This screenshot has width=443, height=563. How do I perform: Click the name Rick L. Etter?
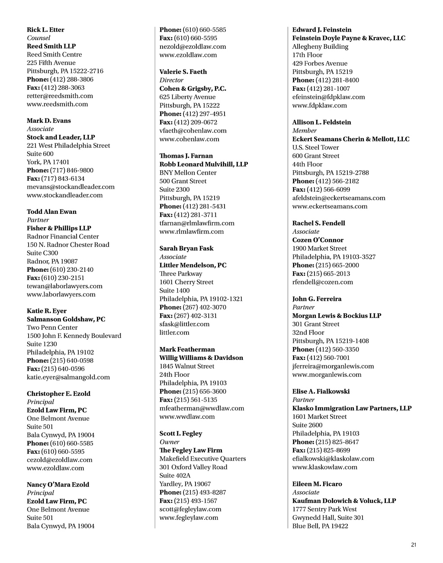point(45,30)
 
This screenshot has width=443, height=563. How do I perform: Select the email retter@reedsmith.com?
point(60,96)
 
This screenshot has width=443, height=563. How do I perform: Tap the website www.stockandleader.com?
point(65,195)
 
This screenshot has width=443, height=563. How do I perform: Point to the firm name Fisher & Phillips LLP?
point(59,228)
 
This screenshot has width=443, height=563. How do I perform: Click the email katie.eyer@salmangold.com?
point(68,377)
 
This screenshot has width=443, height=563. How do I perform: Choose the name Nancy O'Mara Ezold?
point(58,485)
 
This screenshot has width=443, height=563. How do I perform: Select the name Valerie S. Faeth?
point(183,72)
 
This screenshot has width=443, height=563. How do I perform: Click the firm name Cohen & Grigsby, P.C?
point(193,89)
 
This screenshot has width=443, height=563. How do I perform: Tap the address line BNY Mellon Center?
point(188,173)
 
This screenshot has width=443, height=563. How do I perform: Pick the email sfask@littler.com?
point(184,324)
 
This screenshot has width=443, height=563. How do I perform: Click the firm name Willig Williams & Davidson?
point(201,358)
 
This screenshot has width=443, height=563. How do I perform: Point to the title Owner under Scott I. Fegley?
point(169,442)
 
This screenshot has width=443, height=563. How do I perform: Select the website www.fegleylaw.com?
point(189,518)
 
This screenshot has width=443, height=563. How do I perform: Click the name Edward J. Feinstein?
point(322,30)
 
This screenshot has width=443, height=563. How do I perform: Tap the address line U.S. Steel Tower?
point(315,147)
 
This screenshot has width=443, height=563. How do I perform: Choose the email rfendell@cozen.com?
point(322,282)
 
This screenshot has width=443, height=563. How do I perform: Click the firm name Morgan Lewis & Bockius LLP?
point(337,316)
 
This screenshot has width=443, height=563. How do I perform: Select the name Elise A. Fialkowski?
point(321,391)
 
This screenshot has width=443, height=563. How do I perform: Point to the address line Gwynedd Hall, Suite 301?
point(328,518)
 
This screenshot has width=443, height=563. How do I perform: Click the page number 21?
point(414,545)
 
